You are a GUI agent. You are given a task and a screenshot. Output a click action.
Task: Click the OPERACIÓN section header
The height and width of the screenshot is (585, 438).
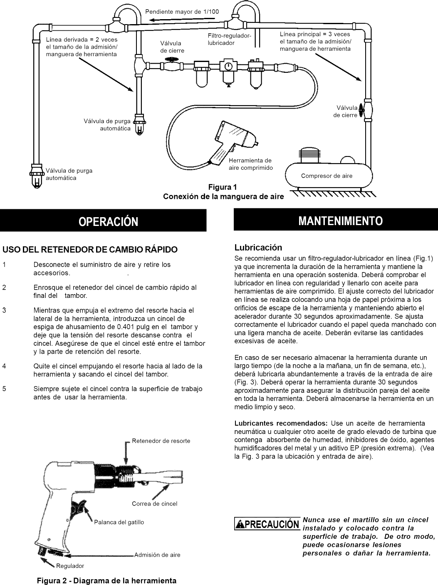coord(103,221)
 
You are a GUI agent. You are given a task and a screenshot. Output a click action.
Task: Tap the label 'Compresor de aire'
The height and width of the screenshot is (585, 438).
coord(327,176)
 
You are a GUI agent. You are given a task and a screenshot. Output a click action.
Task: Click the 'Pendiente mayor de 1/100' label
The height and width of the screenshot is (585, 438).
coord(182,11)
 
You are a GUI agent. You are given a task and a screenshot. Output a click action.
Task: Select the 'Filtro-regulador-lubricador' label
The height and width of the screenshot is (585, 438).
coord(230,40)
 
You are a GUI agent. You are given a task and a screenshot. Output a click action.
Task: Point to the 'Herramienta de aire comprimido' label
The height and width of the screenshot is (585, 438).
coord(250,164)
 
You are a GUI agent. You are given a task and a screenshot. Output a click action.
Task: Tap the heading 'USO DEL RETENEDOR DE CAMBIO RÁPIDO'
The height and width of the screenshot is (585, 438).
coord(90,250)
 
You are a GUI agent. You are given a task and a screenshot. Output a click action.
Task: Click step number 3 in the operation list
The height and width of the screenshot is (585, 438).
coord(4,310)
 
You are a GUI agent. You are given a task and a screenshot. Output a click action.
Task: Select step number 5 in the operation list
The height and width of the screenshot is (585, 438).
coord(4,389)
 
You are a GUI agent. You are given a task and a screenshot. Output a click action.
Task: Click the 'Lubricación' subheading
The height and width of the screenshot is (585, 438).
coord(258,248)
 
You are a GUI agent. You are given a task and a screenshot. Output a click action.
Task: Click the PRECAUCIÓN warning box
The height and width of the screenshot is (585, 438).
coord(267,523)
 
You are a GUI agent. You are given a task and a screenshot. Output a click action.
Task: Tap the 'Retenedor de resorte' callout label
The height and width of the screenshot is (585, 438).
coord(161,441)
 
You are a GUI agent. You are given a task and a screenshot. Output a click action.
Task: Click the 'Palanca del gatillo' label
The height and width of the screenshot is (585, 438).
coord(119,522)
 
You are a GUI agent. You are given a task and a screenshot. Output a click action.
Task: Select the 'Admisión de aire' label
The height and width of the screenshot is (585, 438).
coord(157,555)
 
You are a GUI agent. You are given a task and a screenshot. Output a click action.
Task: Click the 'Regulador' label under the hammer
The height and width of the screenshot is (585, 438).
coord(70,566)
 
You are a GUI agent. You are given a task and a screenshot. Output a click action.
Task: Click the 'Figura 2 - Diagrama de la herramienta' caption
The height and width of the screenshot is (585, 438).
coord(107,580)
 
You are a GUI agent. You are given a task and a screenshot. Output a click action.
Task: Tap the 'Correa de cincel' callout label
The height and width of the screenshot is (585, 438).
coord(154,503)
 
